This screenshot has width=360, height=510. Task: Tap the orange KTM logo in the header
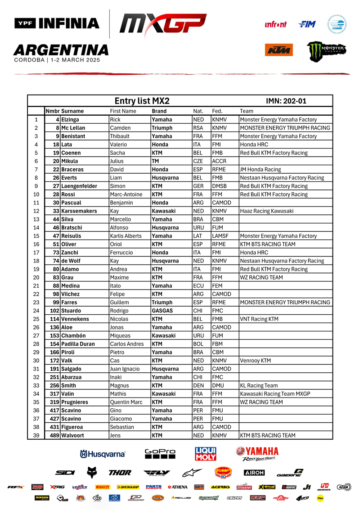[279, 50]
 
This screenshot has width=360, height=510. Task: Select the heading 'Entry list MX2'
[142, 101]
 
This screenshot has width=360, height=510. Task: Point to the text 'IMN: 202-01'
[286, 101]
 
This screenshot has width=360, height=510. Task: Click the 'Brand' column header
[159, 111]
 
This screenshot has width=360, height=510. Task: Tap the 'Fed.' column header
[217, 111]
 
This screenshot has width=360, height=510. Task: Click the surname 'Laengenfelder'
[79, 186]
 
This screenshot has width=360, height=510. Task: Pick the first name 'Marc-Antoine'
[126, 194]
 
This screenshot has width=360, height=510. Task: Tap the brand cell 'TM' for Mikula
[155, 161]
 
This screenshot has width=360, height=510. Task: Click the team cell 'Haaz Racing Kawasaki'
[267, 211]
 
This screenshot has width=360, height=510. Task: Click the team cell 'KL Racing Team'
[259, 385]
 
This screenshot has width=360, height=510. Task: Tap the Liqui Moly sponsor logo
[206, 454]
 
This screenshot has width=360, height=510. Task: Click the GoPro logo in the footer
[160, 454]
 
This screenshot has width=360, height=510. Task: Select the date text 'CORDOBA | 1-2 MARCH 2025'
[57, 60]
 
